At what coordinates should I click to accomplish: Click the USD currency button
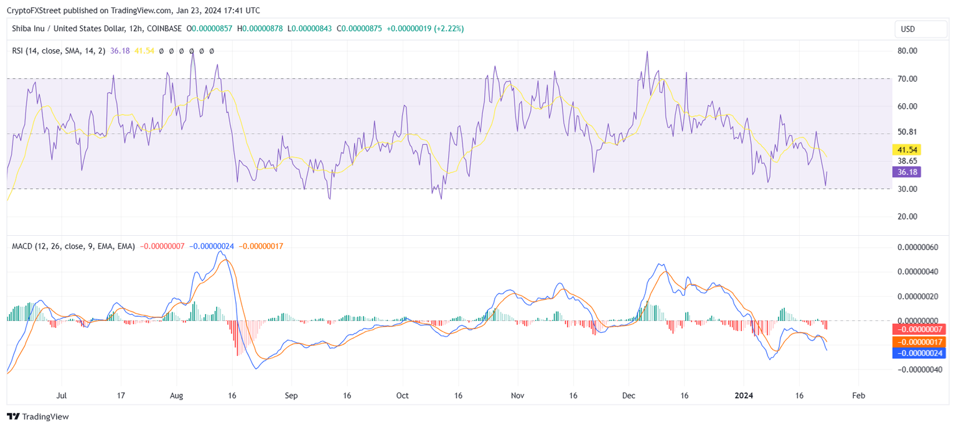coord(920,29)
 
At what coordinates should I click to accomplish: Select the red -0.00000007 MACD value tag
coord(919,329)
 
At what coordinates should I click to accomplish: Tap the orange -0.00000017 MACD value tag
coord(919,342)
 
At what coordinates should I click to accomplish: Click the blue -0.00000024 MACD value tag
coord(919,353)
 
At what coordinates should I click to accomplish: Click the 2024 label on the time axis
coord(744,396)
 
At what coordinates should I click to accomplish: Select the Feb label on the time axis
coord(858,396)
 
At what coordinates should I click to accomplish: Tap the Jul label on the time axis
coord(62,396)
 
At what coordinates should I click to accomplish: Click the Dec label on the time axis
coord(629,396)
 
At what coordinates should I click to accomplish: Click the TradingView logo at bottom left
coord(38,417)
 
